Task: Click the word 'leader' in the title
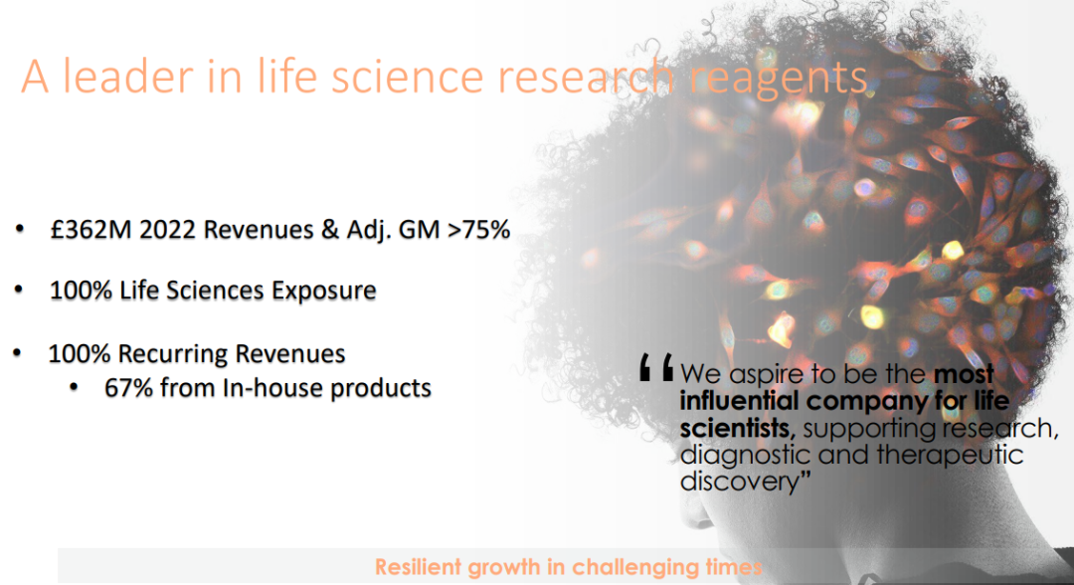coord(128,76)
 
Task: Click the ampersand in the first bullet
coord(329,230)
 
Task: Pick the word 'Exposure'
coord(324,291)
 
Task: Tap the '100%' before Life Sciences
coord(81,291)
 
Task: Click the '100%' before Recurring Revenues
coord(80,353)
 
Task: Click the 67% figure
coord(128,388)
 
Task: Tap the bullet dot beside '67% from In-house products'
coord(74,388)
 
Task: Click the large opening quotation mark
coord(656,367)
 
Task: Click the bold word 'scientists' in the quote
coord(737,428)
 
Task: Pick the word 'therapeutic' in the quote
coord(950,456)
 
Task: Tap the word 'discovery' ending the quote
coord(740,482)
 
